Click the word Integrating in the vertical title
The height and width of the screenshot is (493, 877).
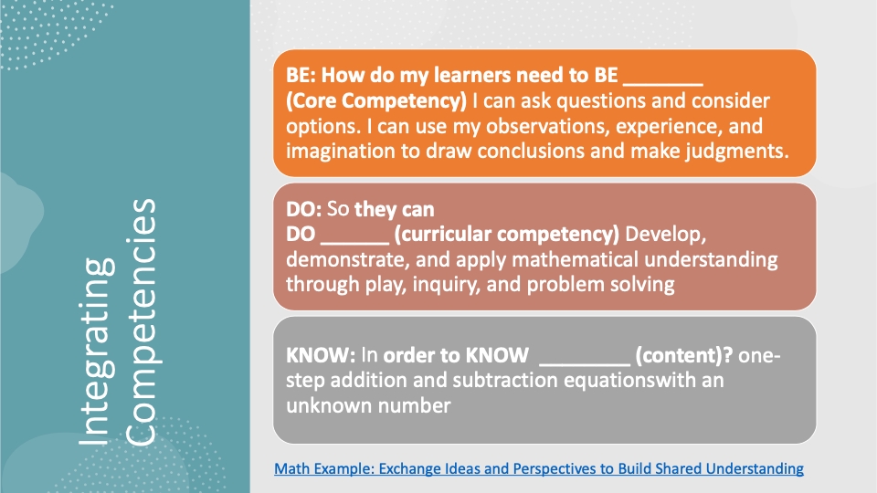(x=97, y=351)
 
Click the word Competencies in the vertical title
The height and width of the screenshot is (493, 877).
(x=140, y=322)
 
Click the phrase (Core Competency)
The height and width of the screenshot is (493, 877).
(x=376, y=100)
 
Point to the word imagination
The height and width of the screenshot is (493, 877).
(x=341, y=151)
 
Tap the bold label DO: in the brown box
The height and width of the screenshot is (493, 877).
(x=303, y=209)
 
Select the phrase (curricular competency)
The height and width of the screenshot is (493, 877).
(x=507, y=235)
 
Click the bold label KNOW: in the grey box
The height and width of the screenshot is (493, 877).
(x=321, y=355)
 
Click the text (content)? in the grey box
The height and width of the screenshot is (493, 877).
(x=684, y=355)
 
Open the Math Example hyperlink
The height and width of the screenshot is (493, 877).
(x=539, y=468)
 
